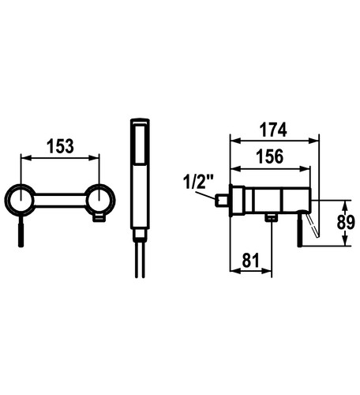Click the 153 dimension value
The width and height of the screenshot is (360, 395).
point(60,146)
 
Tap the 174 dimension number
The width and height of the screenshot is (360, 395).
point(273,130)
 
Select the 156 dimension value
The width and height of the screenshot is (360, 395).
point(270,156)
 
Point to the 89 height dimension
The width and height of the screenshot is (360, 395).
point(346,223)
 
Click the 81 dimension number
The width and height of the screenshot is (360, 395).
point(251,261)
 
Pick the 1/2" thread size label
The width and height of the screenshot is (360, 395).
point(198,182)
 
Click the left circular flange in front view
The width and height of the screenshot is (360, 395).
point(20,200)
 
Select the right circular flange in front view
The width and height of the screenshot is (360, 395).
point(100,199)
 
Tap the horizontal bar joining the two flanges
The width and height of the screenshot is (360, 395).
point(60,201)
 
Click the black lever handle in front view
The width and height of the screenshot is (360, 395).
point(21,231)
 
